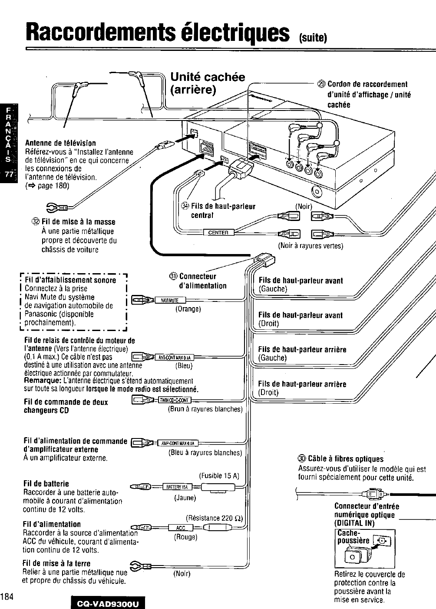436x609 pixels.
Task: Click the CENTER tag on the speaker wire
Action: tap(218, 233)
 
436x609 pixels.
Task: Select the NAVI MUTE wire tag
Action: tap(170, 300)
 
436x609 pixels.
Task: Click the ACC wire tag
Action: tap(180, 528)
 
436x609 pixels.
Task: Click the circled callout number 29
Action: tap(322, 84)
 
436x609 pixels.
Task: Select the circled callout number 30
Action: tap(302, 459)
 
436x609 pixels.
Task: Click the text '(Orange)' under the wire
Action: tap(188, 309)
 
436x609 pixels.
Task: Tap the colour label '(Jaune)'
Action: tap(185, 498)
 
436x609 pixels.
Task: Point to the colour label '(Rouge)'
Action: tap(185, 537)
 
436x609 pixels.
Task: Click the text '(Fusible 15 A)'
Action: tap(219, 475)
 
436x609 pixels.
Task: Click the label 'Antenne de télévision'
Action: tap(60, 143)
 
